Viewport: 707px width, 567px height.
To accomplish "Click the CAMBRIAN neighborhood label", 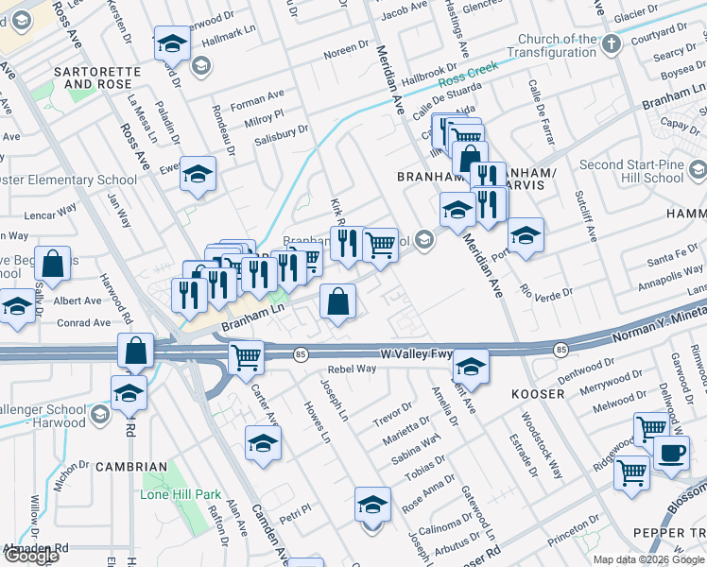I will [x=130, y=467].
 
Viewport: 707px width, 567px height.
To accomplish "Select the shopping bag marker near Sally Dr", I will [x=55, y=266].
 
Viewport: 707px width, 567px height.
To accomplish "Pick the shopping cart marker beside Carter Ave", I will [x=246, y=358].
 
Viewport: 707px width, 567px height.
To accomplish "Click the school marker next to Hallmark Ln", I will [x=171, y=43].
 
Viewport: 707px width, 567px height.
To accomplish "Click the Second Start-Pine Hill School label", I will [x=631, y=171].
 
